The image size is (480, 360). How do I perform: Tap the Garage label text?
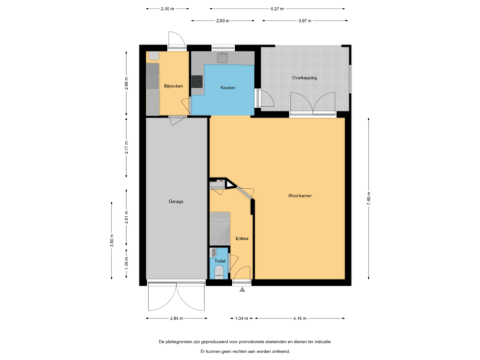tap(176, 201)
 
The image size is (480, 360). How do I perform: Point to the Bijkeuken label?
tap(173, 86)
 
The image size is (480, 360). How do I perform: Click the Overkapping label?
tap(304, 78)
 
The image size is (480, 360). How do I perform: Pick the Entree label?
tap(241, 238)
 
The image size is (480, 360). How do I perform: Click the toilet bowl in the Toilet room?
tap(220, 272)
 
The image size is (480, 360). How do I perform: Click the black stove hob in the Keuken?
tap(197, 82)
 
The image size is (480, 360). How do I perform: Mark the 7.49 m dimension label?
tap(369, 199)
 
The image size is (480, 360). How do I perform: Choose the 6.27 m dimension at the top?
tap(277, 9)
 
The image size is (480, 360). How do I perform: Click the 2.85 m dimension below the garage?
tap(176, 319)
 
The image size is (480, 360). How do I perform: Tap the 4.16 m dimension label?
tap(300, 319)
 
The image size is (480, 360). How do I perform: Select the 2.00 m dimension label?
tap(167, 9)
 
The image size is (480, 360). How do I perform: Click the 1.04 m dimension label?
tap(241, 319)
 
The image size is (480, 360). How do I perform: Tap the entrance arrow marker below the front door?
tap(242, 290)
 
